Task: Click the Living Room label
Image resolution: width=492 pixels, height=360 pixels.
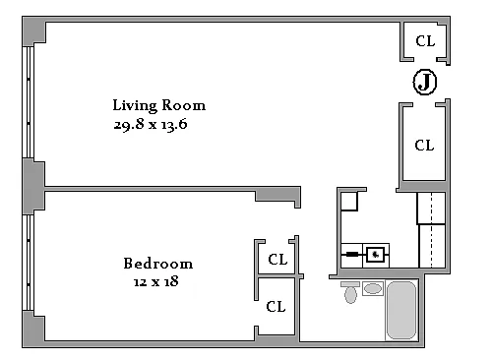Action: click(x=159, y=106)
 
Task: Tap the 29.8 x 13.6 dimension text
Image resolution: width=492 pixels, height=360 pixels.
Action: click(x=151, y=124)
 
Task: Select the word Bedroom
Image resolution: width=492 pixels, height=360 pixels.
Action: click(x=158, y=264)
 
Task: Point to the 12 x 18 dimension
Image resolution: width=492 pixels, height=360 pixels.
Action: click(x=156, y=281)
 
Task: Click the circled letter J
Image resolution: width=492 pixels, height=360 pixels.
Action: click(x=425, y=82)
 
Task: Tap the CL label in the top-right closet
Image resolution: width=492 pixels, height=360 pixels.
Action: click(x=425, y=41)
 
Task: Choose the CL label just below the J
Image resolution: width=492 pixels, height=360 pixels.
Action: click(x=424, y=146)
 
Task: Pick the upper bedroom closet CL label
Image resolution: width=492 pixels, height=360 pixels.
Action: click(x=277, y=260)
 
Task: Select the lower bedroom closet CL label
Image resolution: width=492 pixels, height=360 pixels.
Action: click(x=276, y=307)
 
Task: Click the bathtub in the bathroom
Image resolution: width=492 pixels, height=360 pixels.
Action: click(x=401, y=310)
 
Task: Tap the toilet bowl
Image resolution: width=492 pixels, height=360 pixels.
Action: click(x=350, y=295)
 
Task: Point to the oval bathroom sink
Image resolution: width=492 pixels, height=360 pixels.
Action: click(x=373, y=289)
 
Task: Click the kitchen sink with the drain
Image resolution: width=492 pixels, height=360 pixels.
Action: click(x=375, y=255)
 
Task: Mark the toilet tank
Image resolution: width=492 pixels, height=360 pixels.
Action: click(x=350, y=284)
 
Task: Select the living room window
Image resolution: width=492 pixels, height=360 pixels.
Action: click(x=28, y=102)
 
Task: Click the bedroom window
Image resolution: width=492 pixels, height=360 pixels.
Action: click(x=28, y=263)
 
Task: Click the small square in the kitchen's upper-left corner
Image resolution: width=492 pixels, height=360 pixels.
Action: click(x=349, y=201)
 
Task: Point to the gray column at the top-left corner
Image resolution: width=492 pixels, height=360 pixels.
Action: click(x=33, y=31)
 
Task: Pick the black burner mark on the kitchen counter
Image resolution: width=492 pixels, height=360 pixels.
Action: click(x=352, y=254)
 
